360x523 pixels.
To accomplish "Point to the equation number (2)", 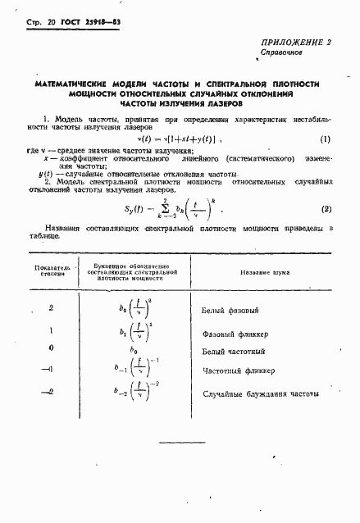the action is (x=326, y=209).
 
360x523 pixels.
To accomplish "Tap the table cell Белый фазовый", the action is (x=230, y=312).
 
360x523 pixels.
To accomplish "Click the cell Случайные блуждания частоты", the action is (x=261, y=394).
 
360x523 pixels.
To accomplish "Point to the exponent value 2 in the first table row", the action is (x=51, y=308).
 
